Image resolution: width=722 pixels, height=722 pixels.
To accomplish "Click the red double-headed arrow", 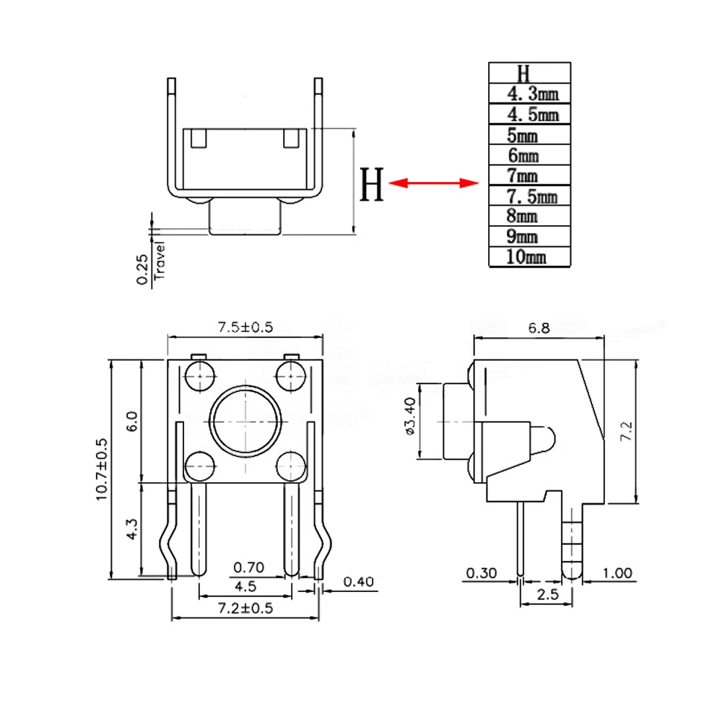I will point(434,183).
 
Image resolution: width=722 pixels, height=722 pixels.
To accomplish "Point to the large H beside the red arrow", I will point(372,185).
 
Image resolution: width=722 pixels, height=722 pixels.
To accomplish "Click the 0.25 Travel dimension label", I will point(150,269).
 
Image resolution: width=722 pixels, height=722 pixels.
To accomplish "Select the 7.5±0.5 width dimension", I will point(245,327).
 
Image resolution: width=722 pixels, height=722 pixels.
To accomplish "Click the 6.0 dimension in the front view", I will point(131,421).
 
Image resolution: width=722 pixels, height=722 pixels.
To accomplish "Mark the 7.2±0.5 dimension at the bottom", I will point(245,608).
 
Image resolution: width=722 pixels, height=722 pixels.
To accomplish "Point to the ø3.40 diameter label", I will point(410,417).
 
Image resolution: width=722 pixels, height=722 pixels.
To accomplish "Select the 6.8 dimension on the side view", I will point(539,328).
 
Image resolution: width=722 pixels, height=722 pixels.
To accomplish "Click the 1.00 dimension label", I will point(617,574).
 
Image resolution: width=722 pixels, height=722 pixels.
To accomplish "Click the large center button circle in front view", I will point(245,421).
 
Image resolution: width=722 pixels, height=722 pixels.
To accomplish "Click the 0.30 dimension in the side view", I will point(482,574).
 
